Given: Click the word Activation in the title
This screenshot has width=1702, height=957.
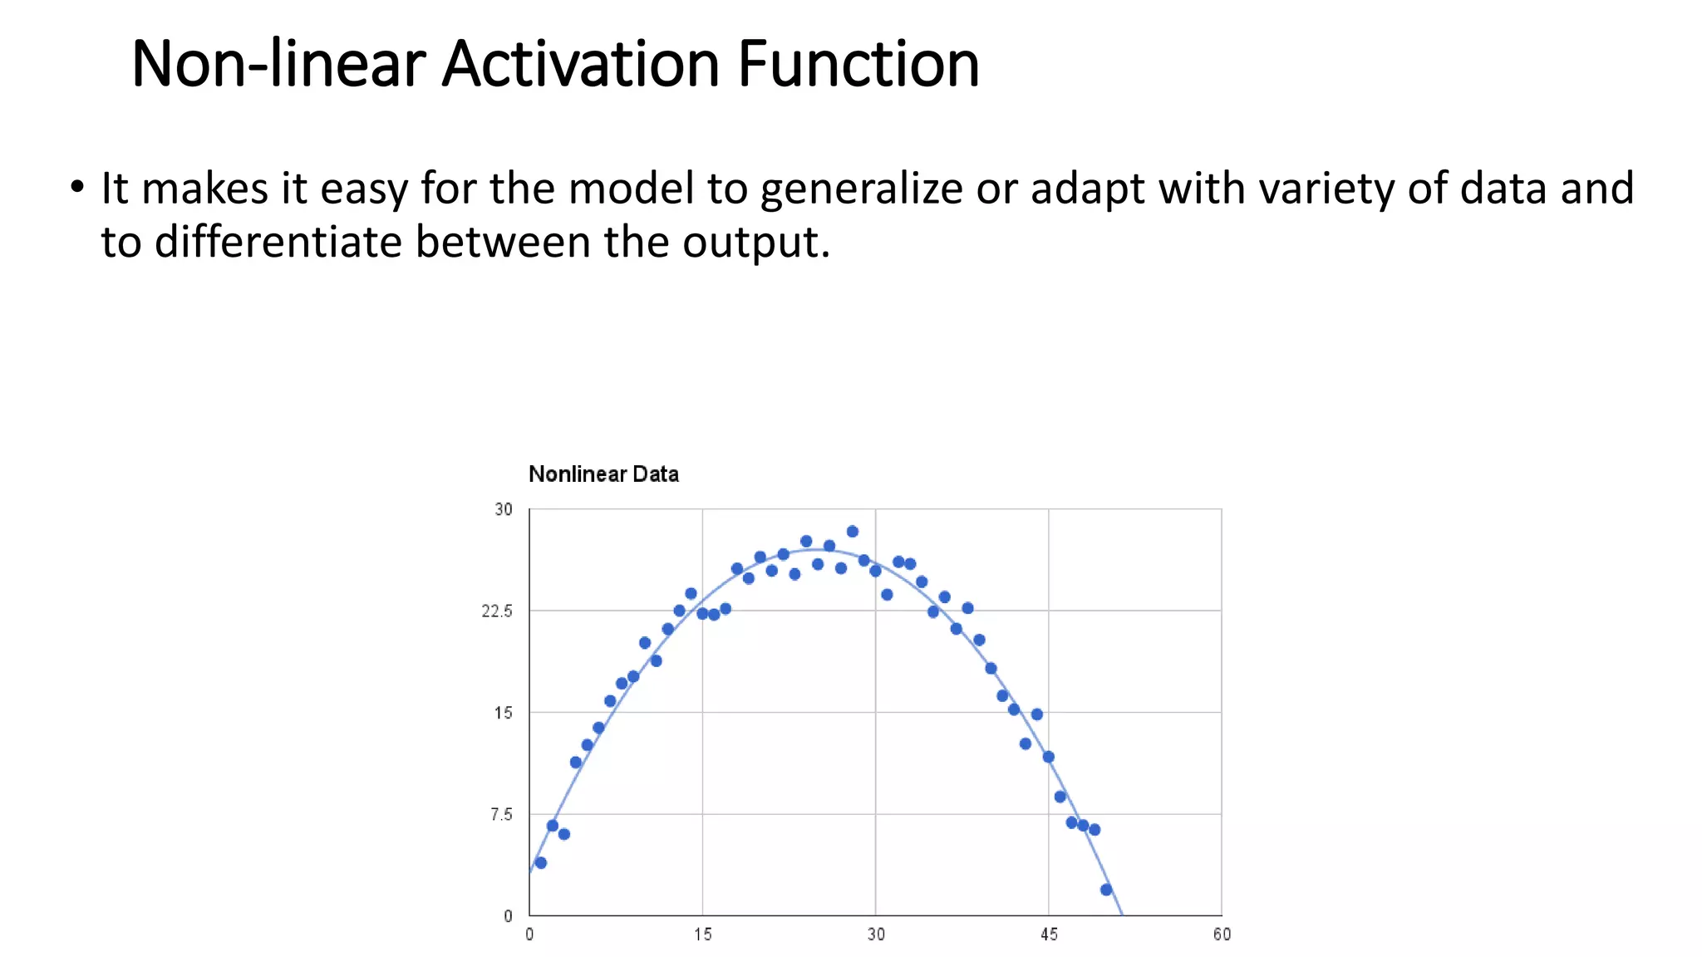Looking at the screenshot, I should (x=580, y=64).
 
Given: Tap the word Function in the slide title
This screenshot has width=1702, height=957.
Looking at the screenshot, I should (x=858, y=64).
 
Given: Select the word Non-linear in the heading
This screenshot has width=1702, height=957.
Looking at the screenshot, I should (x=278, y=64).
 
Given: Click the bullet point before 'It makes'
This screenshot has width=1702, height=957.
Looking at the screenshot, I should (x=77, y=188).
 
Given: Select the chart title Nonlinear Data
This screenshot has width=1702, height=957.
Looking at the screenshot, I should (x=603, y=474).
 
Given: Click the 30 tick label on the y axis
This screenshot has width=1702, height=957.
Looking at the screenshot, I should (x=504, y=509).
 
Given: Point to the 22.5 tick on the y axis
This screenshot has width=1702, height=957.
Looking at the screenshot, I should (x=497, y=611).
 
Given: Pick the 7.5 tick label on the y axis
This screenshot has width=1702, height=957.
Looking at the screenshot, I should (x=501, y=815).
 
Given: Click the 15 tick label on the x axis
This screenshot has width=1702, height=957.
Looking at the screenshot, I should (x=703, y=935).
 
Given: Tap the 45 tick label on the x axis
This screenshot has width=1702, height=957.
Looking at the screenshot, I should (x=1049, y=935).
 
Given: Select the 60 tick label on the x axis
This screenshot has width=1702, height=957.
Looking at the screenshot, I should (x=1222, y=935).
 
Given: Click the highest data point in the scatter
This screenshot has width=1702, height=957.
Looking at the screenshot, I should (x=852, y=532).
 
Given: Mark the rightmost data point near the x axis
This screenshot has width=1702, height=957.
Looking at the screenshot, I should (x=1106, y=890).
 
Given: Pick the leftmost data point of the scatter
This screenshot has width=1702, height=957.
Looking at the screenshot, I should (x=541, y=863).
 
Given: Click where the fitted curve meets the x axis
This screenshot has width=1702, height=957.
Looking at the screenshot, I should (x=1123, y=915).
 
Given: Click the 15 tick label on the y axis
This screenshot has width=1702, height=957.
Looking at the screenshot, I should (x=504, y=713).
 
